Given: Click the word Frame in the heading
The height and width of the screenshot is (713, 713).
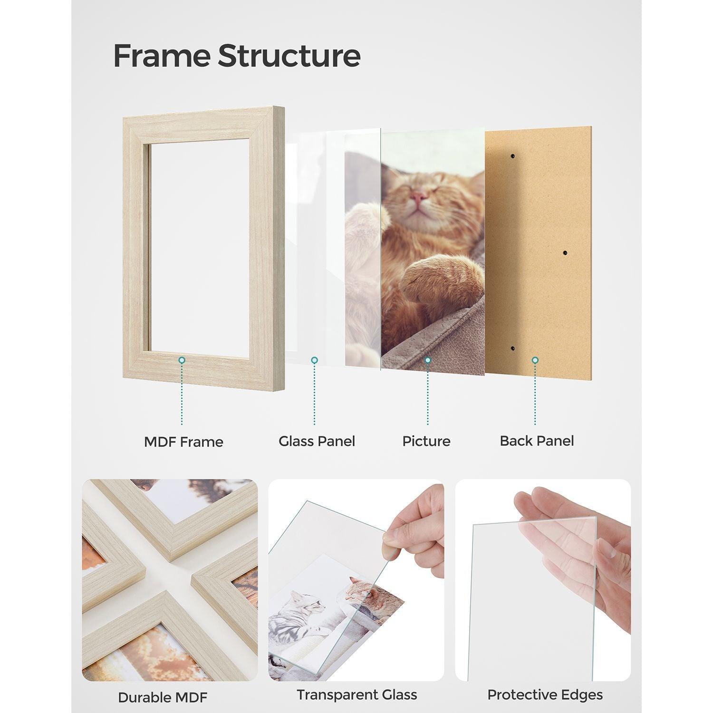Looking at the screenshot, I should (x=162, y=56).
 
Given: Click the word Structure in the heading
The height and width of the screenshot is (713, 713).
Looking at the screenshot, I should (x=289, y=56).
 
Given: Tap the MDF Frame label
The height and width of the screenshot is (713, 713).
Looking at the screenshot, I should (x=183, y=442).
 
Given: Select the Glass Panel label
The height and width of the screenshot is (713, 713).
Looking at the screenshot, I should (x=317, y=441).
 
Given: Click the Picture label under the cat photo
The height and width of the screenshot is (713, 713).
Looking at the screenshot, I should (x=426, y=441).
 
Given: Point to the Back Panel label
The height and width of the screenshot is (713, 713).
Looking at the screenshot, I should (x=537, y=441).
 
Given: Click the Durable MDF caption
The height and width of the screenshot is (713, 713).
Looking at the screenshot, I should (x=163, y=697).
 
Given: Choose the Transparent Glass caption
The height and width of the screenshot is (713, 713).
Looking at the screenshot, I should (x=356, y=694).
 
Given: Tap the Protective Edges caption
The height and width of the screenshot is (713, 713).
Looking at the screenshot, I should (x=545, y=694).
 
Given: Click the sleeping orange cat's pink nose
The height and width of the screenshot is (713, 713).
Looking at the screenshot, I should (x=419, y=196).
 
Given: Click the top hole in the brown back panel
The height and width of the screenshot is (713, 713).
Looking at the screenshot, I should (x=513, y=156).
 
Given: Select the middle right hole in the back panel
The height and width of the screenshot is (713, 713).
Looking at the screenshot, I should (x=565, y=253).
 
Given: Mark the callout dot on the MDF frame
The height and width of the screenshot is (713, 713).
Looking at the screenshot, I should (x=182, y=361).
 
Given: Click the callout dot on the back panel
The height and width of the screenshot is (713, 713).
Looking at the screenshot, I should (x=535, y=360).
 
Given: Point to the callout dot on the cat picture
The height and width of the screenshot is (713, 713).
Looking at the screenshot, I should (x=427, y=360).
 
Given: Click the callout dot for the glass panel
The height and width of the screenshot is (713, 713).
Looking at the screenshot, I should (x=314, y=360).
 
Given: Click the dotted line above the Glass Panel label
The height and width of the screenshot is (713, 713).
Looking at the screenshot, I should (x=314, y=395).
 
